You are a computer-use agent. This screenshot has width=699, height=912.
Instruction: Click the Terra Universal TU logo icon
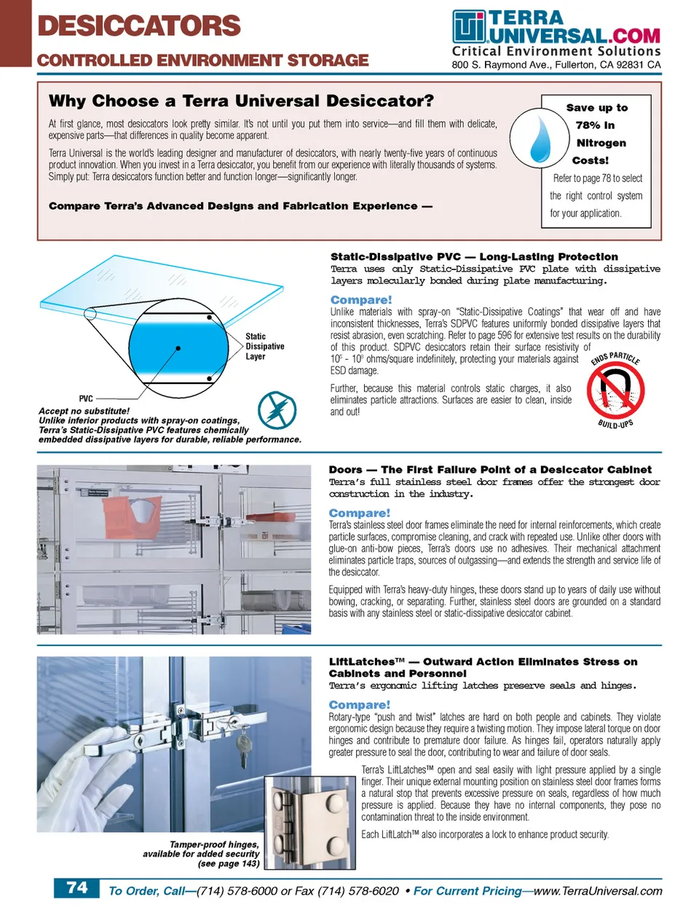click(468, 28)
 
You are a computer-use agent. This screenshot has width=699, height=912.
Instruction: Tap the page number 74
click(77, 888)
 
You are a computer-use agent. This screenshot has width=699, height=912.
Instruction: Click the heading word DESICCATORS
click(138, 26)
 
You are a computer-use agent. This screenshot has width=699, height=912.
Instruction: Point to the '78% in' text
click(595, 125)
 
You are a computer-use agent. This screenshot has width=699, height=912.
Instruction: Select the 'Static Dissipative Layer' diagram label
click(264, 347)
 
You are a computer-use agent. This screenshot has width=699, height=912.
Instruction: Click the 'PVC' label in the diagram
click(86, 398)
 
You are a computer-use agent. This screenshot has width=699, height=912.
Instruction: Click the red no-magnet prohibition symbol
click(615, 390)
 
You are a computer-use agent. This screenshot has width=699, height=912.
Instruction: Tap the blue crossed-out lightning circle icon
click(277, 410)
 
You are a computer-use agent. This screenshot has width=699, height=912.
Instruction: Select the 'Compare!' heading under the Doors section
click(360, 514)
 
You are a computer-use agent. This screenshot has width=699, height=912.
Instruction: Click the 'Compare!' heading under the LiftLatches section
click(360, 705)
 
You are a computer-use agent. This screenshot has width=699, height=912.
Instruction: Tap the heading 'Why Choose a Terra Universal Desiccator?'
click(241, 101)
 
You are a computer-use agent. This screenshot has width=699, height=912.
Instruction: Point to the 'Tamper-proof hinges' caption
click(213, 844)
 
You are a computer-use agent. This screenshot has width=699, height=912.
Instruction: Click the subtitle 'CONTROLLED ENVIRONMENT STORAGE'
click(203, 60)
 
